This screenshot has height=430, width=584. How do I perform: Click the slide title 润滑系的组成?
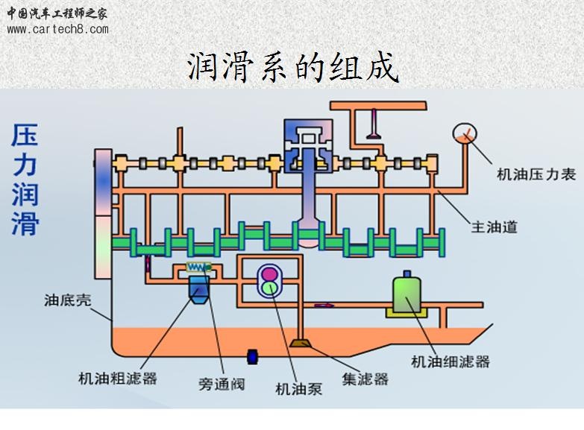292,67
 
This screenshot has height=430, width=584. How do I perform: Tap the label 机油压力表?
536,174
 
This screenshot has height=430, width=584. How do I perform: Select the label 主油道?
493,227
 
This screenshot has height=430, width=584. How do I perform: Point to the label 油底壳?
68,300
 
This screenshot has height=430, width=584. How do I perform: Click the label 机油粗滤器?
118,378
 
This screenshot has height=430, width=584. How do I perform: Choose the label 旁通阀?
222,385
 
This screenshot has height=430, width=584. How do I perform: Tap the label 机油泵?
298,388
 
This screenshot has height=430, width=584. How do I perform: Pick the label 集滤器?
365,379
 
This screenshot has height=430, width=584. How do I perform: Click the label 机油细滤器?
450,361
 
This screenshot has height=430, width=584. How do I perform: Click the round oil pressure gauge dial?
465,135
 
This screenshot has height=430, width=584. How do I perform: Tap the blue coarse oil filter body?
200,289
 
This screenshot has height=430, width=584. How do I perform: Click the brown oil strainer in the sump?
302,345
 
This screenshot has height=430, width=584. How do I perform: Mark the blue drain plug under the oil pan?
252,355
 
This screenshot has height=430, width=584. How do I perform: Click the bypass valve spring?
198,268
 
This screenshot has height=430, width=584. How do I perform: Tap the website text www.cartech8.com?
57,30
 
